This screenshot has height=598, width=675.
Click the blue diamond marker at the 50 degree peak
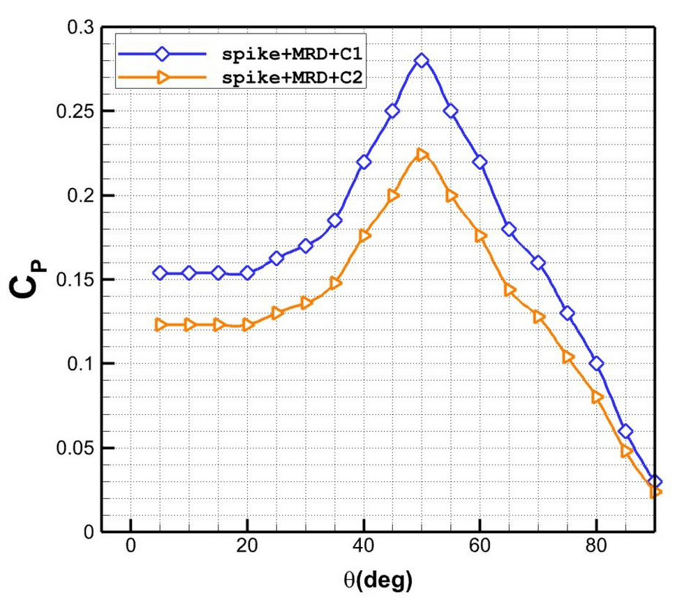[x=422, y=61]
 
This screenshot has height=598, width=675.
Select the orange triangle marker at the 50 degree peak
[x=422, y=154]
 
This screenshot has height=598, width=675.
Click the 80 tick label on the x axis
[x=596, y=546]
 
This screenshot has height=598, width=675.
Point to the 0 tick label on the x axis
[x=131, y=546]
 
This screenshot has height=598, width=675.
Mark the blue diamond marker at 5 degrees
[x=160, y=272]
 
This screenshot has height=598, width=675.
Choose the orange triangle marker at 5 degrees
[x=160, y=325]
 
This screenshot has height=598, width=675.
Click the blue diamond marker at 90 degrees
[x=655, y=481]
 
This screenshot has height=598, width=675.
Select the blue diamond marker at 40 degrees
[x=364, y=162]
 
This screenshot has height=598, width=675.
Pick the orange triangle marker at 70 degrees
[x=538, y=316]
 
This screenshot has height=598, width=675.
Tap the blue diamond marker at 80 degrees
[x=596, y=363]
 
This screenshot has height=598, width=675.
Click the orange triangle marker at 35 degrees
[x=335, y=283]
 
